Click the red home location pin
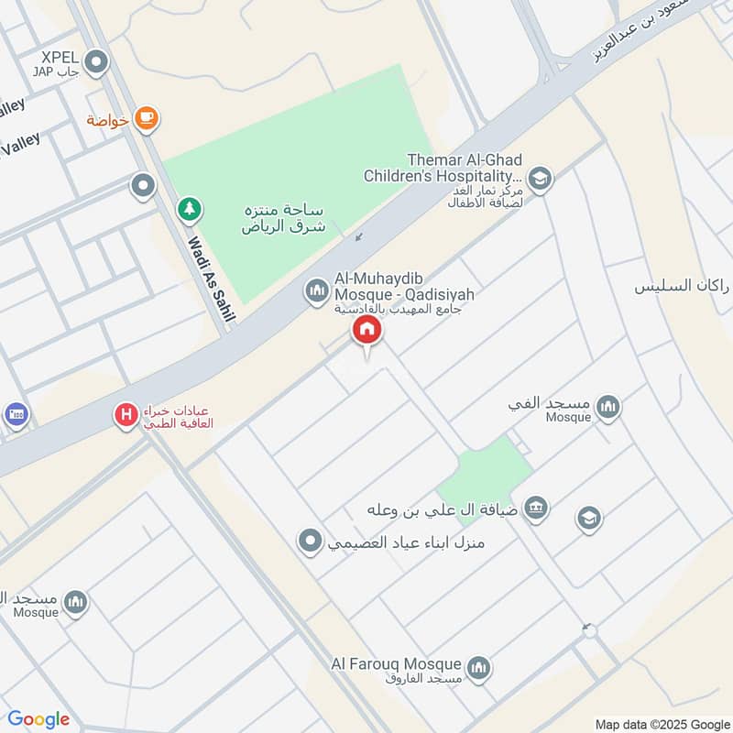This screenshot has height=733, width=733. click(366, 330)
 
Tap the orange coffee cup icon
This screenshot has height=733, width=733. click(146, 118)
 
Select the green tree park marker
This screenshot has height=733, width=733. click(189, 209)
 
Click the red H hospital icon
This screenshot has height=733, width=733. click(126, 417)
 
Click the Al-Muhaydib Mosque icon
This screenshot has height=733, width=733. click(317, 291)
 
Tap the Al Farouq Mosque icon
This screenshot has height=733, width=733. click(477, 669)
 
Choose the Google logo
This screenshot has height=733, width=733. click(38, 719)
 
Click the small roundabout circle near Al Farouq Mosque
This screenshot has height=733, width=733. click(589, 630)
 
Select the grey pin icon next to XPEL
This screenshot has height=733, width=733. click(96, 63)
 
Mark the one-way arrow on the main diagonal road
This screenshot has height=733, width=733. click(357, 236)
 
